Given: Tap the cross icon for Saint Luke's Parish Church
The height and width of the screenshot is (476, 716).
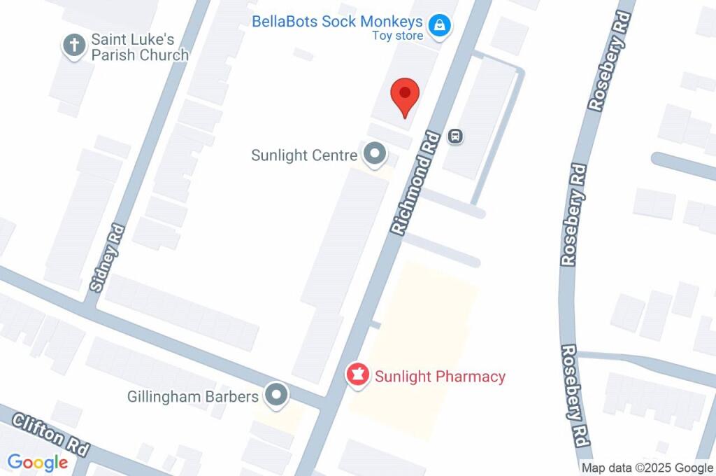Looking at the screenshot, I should [x=73, y=46].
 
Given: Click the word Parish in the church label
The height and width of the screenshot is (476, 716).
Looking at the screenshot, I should [x=115, y=55].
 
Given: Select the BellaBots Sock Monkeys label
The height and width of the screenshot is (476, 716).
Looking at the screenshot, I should [x=337, y=22].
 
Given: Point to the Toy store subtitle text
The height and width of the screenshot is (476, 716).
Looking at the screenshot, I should [x=397, y=36].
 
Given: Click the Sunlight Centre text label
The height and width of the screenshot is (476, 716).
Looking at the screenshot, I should [x=304, y=155].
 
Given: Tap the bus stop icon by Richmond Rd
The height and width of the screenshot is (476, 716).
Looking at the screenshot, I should [x=455, y=136].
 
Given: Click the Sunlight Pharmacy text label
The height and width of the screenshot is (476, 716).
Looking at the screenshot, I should [x=440, y=377].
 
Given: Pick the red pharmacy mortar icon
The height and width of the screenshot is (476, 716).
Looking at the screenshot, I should [x=358, y=375].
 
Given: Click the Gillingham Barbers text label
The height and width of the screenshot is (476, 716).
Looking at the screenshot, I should [x=193, y=397].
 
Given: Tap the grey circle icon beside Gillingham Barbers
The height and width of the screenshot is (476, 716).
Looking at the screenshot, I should [x=277, y=395].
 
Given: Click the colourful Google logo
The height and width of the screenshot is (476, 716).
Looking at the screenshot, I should [x=38, y=463].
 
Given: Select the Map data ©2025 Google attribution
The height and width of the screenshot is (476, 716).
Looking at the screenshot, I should [x=647, y=468].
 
